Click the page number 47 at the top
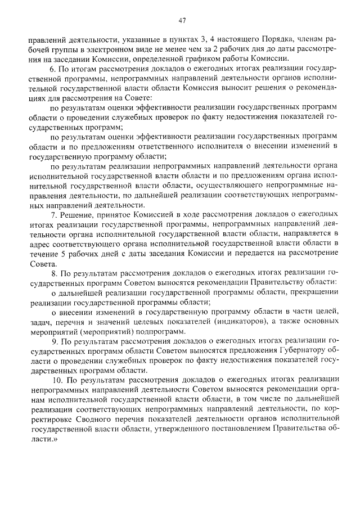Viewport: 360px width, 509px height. pos(182,21)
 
